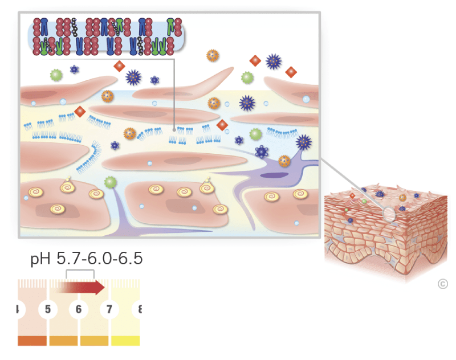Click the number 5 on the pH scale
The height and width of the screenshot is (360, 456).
[48, 310]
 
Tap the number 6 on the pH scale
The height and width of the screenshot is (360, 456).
[78, 310]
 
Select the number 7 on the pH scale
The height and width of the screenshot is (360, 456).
[108, 310]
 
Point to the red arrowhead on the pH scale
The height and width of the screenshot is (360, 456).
[100, 287]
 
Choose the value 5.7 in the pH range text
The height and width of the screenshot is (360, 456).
[69, 259]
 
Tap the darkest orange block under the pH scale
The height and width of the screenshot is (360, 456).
[32, 341]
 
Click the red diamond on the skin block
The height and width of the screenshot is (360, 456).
[353, 196]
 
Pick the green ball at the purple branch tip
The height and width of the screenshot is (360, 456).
[111, 182]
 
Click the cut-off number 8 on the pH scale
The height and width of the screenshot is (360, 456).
[137, 310]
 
